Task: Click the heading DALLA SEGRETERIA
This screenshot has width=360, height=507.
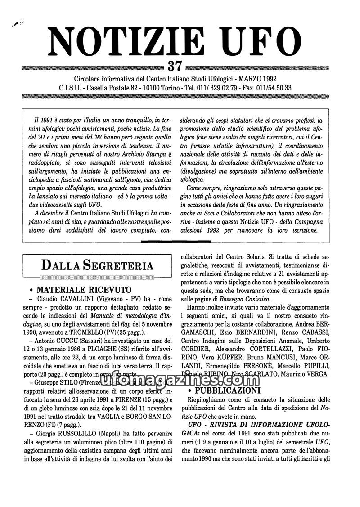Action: pyautogui.click(x=97, y=265)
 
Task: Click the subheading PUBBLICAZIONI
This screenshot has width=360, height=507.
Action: pyautogui.click(x=227, y=390)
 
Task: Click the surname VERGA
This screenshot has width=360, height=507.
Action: pyautogui.click(x=318, y=375)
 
